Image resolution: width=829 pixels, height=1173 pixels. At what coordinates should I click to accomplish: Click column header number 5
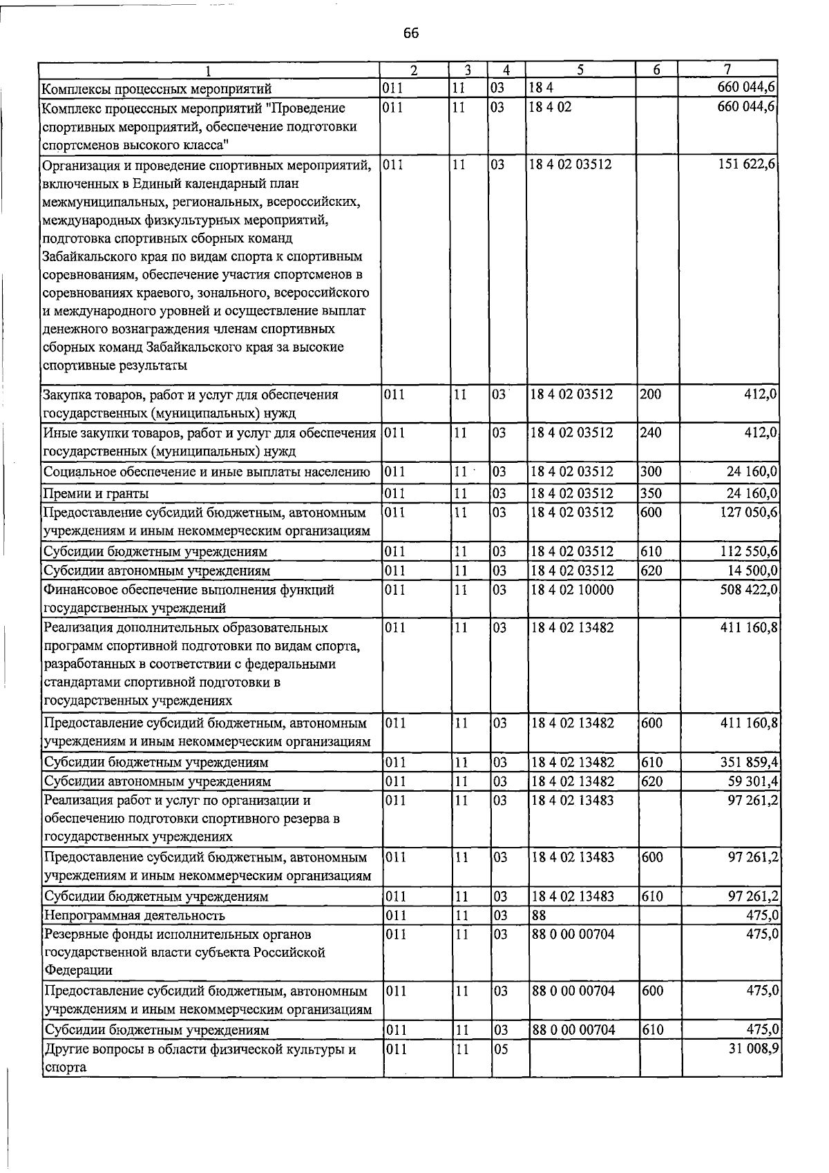tap(580, 70)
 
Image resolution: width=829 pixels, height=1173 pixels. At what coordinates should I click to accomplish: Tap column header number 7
tap(727, 70)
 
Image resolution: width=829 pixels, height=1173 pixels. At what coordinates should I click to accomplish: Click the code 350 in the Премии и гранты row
tap(651, 493)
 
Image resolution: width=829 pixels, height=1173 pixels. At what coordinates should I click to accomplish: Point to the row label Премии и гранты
tap(96, 493)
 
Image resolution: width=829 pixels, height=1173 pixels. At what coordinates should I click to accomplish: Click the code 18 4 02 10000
tap(571, 590)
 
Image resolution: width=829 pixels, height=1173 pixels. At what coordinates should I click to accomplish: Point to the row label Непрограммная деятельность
tap(134, 915)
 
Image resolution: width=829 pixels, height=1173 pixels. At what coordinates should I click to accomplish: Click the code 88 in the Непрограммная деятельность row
tap(540, 915)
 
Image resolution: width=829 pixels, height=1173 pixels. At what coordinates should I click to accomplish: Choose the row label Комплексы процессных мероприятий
tap(157, 89)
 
